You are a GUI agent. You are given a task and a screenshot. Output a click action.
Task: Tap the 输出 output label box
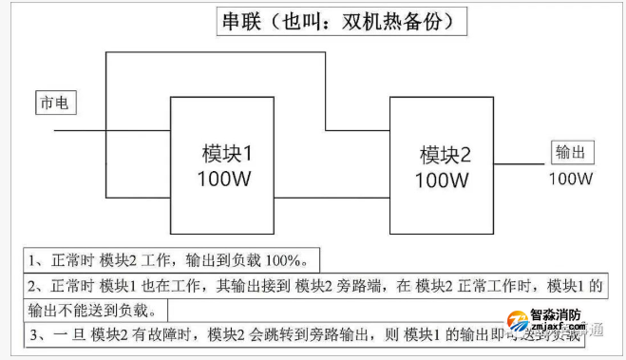coord(570,153)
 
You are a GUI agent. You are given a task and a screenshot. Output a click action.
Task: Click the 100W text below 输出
coord(570,178)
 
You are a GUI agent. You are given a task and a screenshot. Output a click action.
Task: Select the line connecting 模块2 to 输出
coord(520,163)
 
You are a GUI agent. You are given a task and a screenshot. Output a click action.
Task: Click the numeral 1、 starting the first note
coord(34,259)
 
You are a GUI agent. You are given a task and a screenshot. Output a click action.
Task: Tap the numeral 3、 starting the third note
coord(38,334)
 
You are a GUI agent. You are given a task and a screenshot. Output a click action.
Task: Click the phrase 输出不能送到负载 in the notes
coord(86,310)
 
